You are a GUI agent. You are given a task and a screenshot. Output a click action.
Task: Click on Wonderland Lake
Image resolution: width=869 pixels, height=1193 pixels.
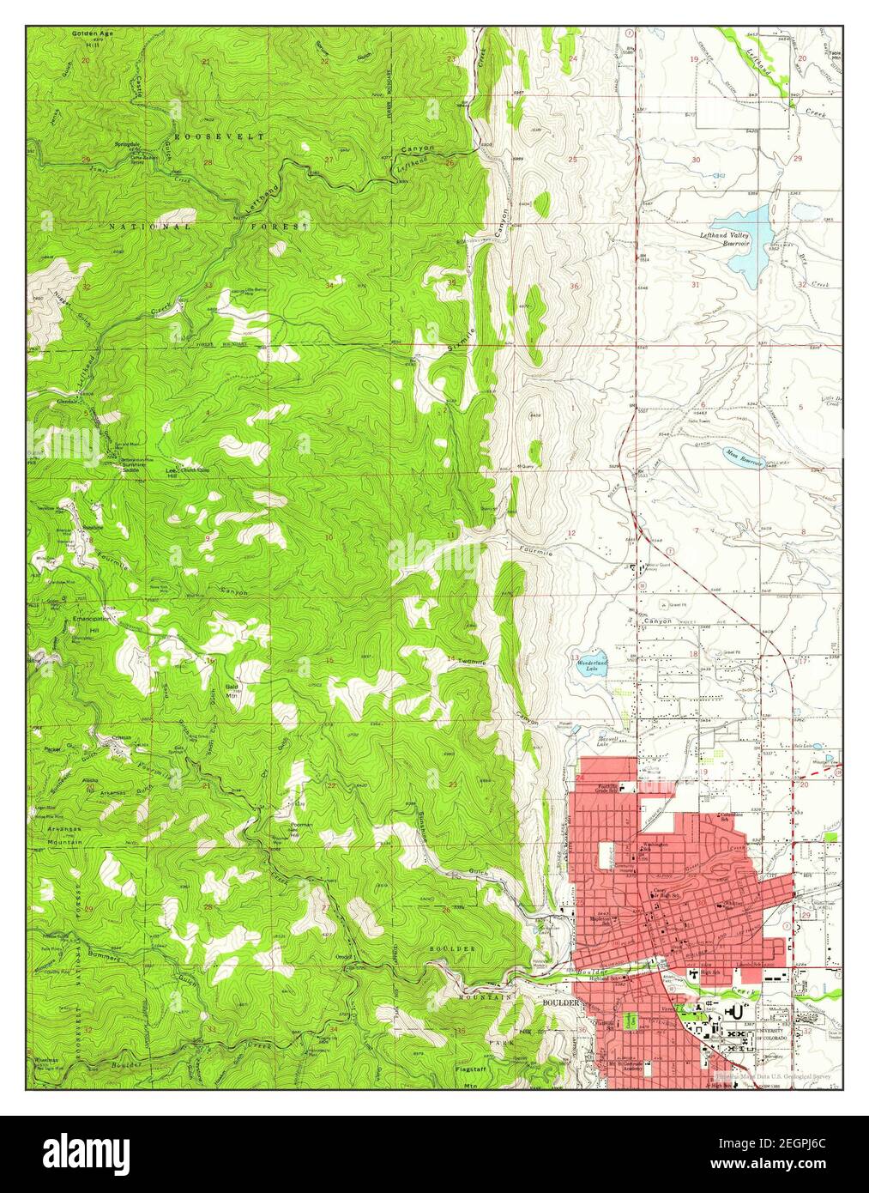pyautogui.click(x=591, y=665)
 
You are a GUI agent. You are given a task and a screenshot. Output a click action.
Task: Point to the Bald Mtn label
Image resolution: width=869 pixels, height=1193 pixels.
pyautogui.click(x=232, y=693)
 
